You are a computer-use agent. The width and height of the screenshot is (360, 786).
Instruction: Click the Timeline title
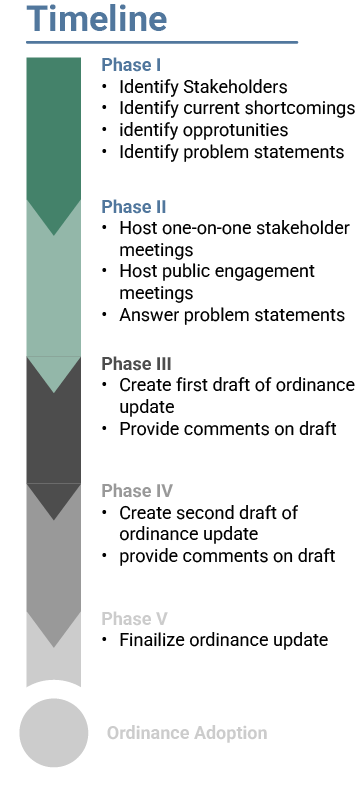pos(97,19)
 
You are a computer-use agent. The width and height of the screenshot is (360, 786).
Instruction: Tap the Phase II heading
pos(133,207)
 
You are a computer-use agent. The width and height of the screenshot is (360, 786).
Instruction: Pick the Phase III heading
pos(136,363)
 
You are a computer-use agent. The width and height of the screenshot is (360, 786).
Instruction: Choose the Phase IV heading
pos(137,491)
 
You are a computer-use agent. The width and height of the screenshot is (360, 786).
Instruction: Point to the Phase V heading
pos(134,618)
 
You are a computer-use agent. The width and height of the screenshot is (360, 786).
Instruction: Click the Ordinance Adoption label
pos(187,733)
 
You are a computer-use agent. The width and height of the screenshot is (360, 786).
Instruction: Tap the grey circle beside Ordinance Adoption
pos(54,732)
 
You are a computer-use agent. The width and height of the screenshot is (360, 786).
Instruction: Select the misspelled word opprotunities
pos(229,130)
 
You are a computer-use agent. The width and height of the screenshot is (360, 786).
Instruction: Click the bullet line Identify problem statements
pos(231,152)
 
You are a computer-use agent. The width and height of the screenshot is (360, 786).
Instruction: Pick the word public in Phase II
pos(193,271)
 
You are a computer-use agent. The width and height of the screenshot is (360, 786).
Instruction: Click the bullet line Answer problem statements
pos(232,315)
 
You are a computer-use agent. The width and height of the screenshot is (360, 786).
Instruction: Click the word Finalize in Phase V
pos(151,640)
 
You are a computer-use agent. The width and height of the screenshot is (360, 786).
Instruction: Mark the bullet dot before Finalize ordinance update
pos(105,640)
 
